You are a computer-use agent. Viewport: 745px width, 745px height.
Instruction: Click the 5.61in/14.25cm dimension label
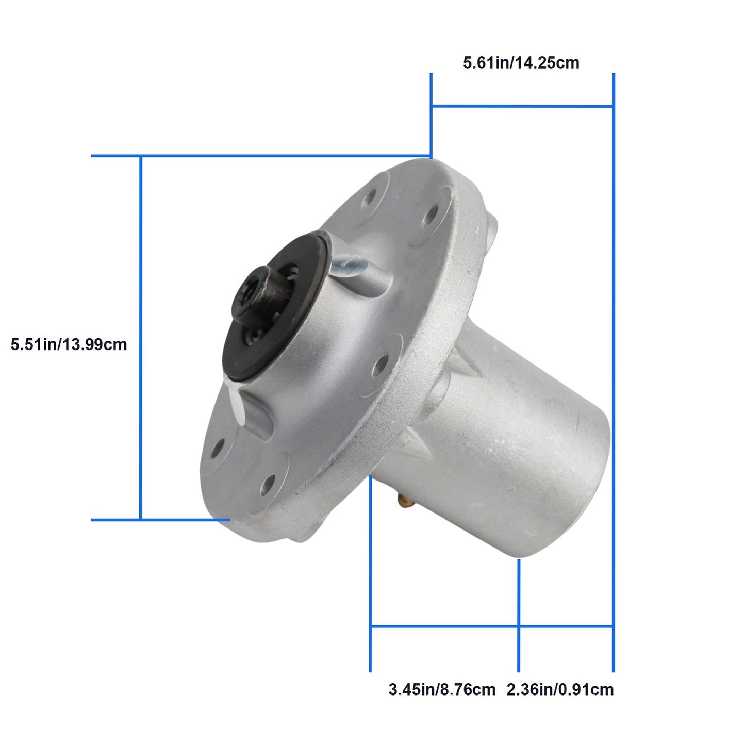tap(521, 63)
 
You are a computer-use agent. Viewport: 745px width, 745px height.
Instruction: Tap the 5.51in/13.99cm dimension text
tap(69, 344)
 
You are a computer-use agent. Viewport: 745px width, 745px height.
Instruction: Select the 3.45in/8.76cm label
tap(442, 689)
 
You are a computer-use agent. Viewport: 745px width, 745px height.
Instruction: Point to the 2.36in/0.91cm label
tap(560, 689)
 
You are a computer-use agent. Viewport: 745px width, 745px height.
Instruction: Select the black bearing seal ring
tap(276, 307)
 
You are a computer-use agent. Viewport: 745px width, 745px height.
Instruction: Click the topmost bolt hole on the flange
tap(369, 197)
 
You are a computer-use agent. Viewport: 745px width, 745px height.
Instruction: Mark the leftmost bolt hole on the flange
tap(217, 448)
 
